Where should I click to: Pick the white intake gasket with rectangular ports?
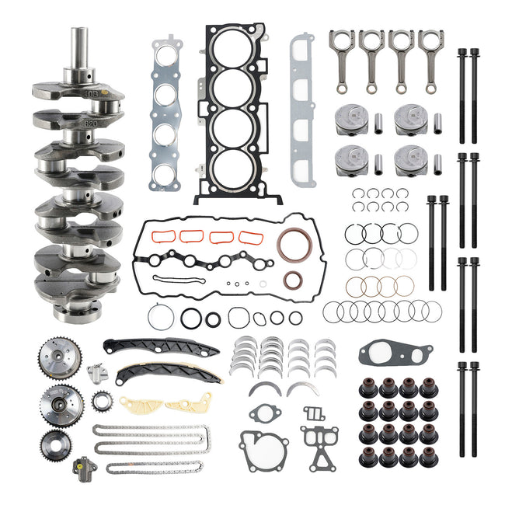[301, 109]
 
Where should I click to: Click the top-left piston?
[350, 120]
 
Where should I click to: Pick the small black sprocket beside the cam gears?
[100, 402]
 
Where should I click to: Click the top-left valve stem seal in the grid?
[367, 386]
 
